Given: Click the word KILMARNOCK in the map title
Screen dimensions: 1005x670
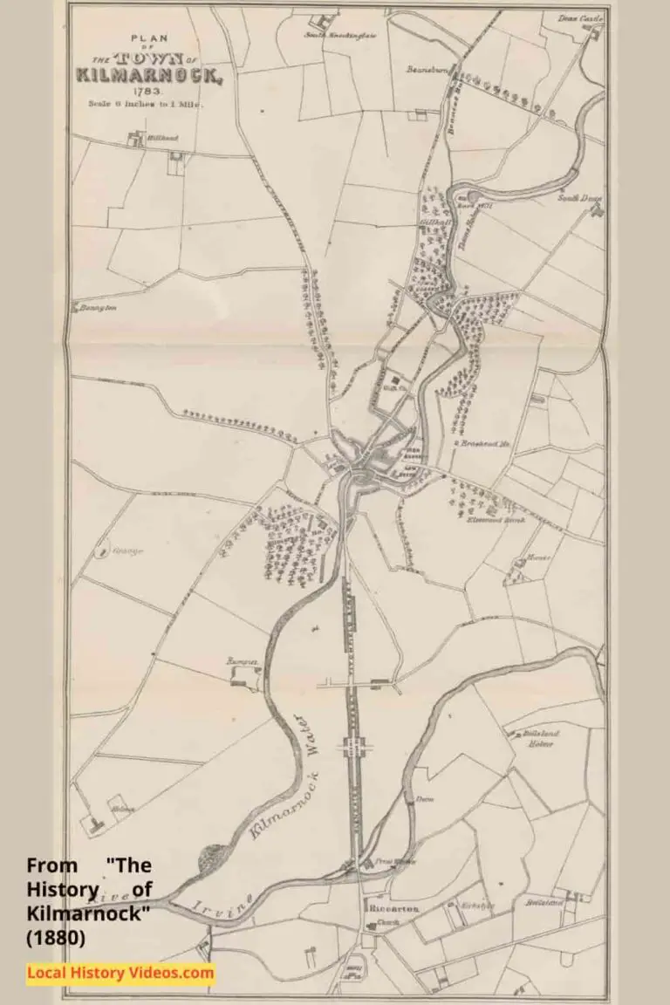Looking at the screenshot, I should point(150,75).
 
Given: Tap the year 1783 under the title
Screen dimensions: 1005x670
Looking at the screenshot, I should point(144,91).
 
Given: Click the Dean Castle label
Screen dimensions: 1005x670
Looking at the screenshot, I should point(580,18).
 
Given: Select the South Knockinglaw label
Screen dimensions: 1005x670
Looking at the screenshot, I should point(328,35).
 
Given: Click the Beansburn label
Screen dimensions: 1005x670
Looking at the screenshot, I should point(427,68).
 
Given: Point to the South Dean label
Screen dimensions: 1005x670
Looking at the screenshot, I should point(574,198).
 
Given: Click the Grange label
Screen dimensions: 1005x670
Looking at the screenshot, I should point(127,550).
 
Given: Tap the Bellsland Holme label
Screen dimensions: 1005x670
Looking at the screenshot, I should point(542,740).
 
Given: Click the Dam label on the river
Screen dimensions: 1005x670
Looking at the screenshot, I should point(425,798).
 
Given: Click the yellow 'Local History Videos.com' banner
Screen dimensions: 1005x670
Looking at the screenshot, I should point(120,972).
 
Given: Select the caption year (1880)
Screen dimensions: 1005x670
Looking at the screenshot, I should point(55,940).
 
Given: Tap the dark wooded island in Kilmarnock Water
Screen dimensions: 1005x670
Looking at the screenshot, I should point(215,859).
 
